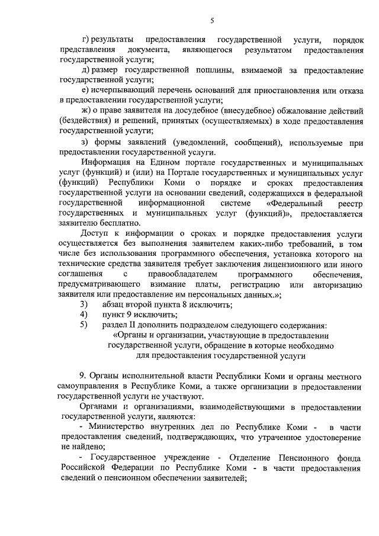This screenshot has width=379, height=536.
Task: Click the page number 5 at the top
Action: click(211, 22)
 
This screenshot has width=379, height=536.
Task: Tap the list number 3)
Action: click(83, 304)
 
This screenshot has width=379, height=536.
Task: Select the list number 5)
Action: click(83, 325)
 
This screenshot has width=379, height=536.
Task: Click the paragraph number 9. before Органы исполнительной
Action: click(83, 376)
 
